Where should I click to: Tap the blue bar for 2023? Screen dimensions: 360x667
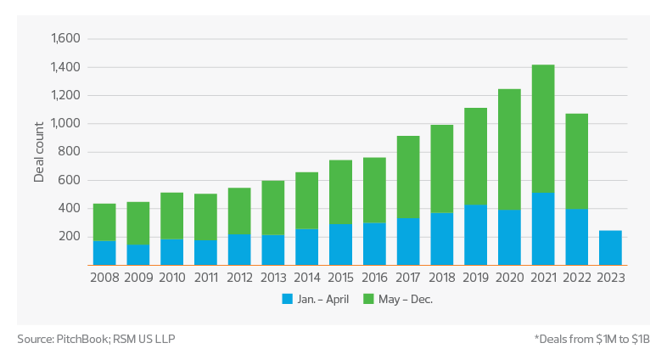point(610,247)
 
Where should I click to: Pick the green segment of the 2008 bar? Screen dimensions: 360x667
point(104,222)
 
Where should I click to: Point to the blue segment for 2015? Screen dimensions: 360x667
point(341,244)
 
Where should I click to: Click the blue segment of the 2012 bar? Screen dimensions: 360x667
point(239,249)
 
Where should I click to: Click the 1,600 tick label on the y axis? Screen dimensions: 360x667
point(64,39)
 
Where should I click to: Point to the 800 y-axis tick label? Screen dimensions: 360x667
point(70,152)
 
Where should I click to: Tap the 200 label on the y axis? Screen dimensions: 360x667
point(70,237)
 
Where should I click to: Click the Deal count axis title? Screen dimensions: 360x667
point(39,153)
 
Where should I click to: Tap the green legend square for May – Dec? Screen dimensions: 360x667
point(367,299)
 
